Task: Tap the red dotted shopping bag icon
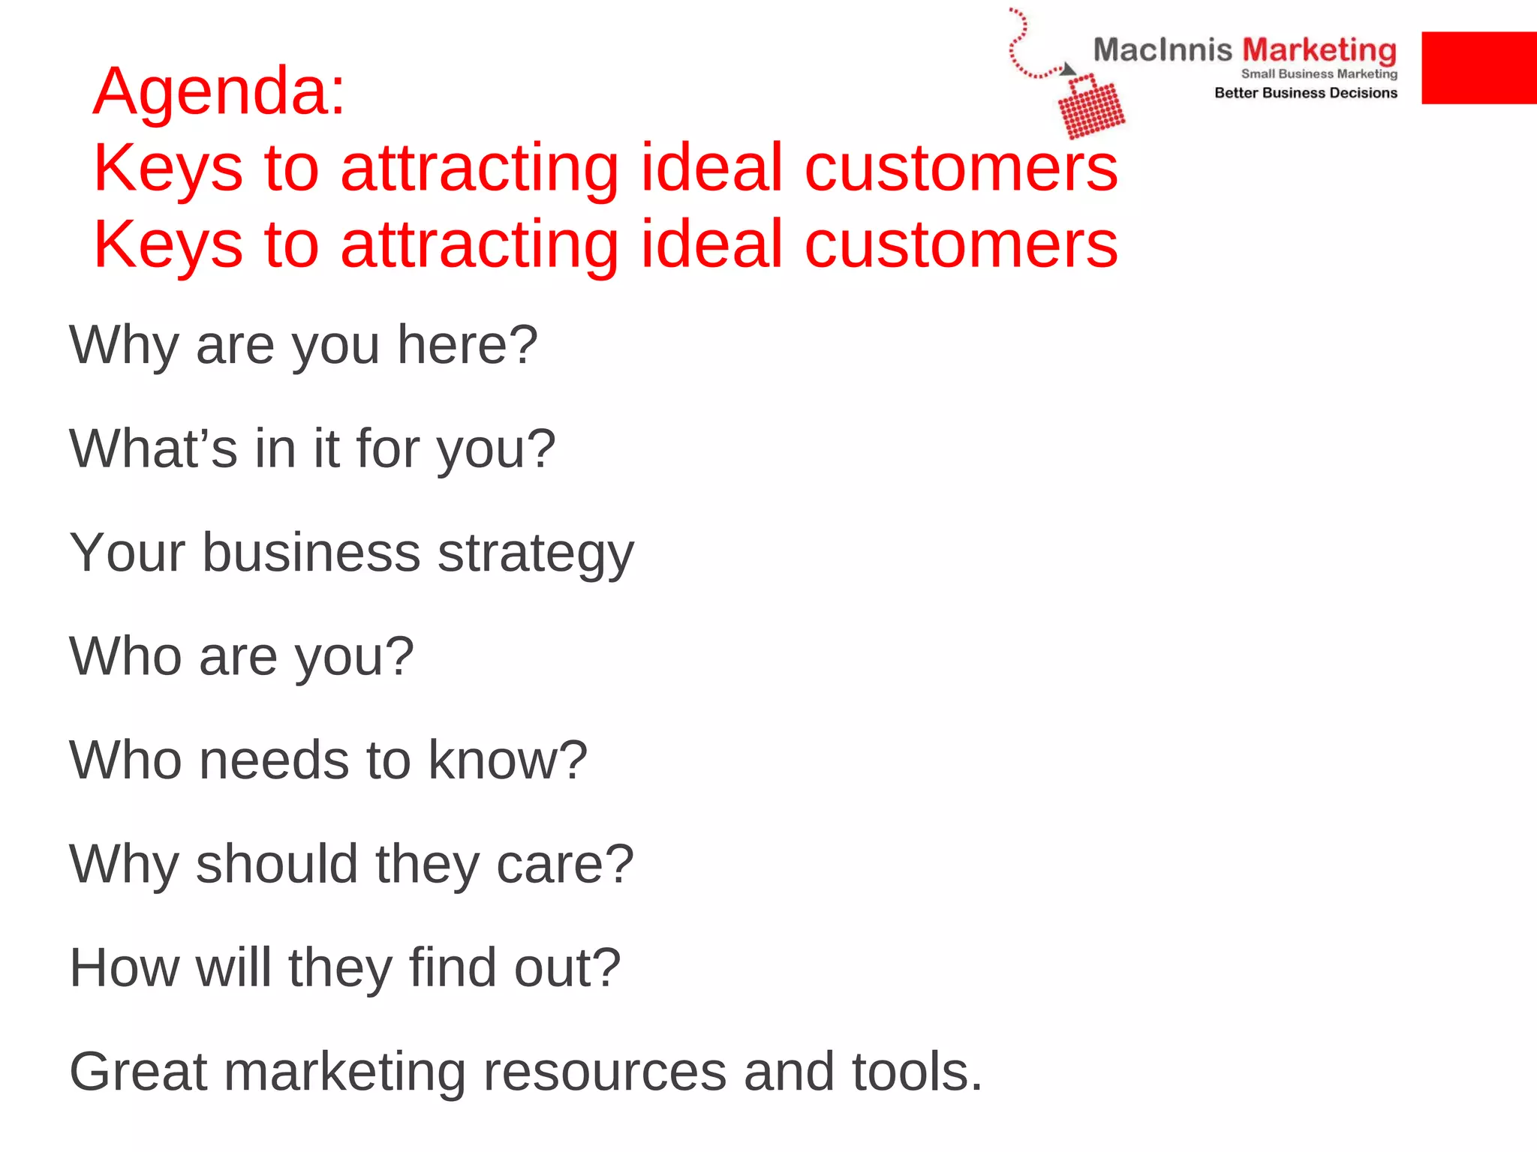1091,109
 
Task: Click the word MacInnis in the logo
1162,50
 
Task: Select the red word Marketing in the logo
1319,50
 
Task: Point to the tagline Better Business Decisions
1306,93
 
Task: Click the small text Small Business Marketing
1319,73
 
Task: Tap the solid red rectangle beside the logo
1478,67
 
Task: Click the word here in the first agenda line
467,345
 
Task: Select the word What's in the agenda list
153,448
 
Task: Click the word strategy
535,553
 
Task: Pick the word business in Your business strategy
311,553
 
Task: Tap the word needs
275,760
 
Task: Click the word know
507,760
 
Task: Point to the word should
277,863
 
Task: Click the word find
453,967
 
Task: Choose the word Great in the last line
138,1071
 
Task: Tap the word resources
605,1072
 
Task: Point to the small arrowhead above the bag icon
1068,70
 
